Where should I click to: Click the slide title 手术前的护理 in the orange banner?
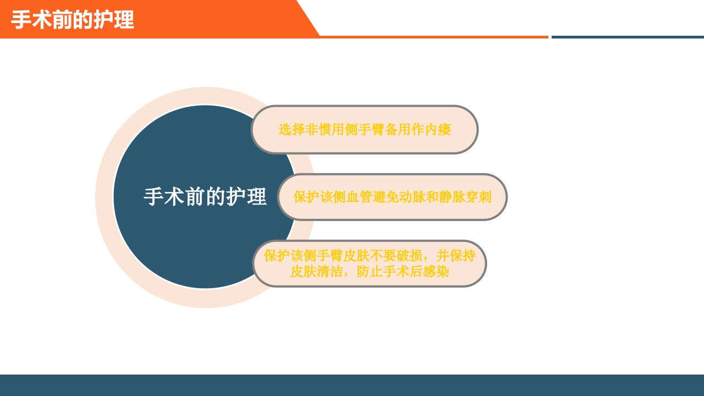(73, 20)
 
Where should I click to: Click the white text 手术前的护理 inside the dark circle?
(205, 197)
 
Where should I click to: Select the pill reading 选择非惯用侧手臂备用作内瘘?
(364, 130)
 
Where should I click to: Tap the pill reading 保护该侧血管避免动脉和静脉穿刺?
(392, 197)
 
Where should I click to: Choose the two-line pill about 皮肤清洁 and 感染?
(370, 263)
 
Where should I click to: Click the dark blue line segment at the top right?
(627, 37)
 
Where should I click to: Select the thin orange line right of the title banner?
(435, 37)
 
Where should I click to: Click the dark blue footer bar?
(352, 385)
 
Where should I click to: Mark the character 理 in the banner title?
(124, 20)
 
